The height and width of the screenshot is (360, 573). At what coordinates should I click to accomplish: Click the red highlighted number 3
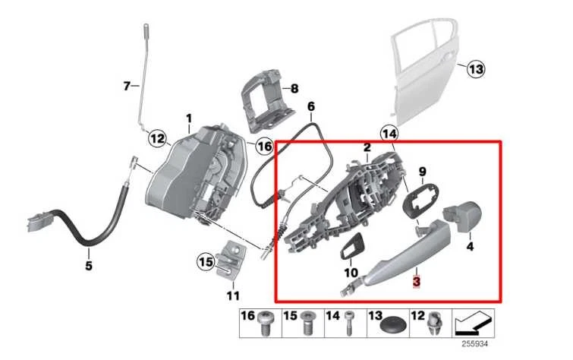click(415, 282)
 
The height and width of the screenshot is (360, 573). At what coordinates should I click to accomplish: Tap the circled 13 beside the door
click(474, 70)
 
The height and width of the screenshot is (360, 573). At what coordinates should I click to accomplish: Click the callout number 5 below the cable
click(88, 266)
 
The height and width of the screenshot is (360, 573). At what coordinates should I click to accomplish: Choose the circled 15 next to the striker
click(206, 263)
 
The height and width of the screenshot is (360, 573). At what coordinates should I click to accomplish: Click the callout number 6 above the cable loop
click(311, 107)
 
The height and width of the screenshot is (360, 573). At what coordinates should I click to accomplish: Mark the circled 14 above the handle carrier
click(389, 133)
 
